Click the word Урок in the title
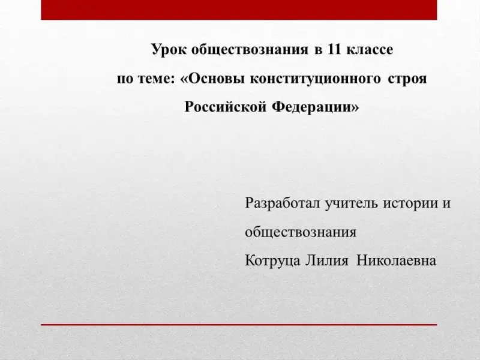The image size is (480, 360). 169,50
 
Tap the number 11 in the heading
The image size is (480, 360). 334,49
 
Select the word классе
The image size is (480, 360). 370,50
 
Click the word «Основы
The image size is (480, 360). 212,79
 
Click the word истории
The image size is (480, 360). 410,204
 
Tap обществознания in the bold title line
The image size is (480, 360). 250,50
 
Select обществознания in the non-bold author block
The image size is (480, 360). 301,232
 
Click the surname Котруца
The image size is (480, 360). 272,261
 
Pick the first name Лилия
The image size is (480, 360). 327,261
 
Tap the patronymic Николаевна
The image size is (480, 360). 397,261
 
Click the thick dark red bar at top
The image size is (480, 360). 239,10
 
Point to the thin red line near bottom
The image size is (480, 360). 239,325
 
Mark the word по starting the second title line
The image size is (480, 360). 125,80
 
